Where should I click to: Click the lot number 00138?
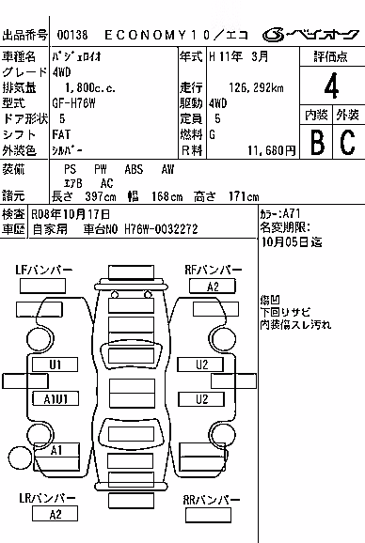[72, 35]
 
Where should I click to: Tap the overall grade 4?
[331, 85]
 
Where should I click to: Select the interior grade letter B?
[318, 142]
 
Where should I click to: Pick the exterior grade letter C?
[347, 142]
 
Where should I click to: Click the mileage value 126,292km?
[256, 87]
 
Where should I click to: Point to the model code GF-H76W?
[73, 103]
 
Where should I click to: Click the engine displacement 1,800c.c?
[90, 87]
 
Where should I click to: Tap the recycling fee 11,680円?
[272, 150]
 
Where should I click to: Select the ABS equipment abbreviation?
[134, 169]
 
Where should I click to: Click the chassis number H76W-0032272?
[161, 229]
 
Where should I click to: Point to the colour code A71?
[292, 213]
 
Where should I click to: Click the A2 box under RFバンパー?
[213, 287]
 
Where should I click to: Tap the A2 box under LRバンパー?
[55, 514]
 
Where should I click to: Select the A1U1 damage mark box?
[56, 398]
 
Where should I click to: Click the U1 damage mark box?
[55, 365]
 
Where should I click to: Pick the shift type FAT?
[61, 134]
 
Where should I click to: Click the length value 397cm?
[101, 196]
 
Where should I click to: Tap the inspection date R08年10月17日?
[71, 214]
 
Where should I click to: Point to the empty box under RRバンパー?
[208, 516]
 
